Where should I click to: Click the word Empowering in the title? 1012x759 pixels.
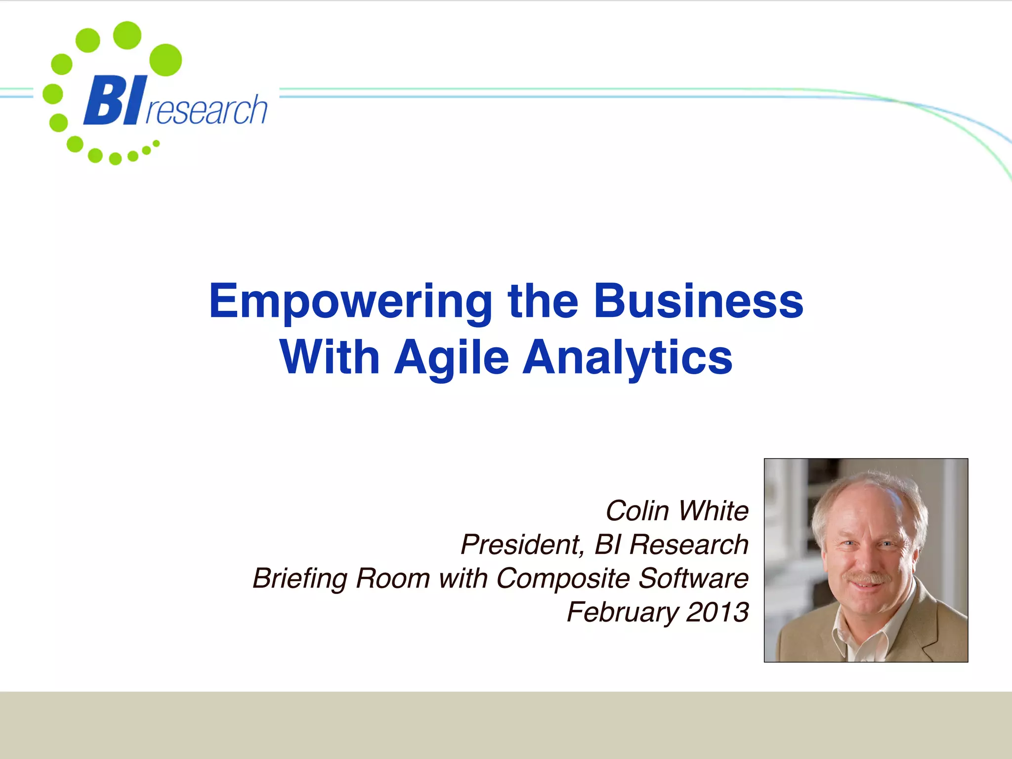tap(350, 302)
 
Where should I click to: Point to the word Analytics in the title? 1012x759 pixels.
tap(628, 358)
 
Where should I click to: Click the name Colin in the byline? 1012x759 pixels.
tap(637, 510)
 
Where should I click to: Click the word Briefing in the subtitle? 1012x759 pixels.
tap(299, 579)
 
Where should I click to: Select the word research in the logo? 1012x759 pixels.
tap(207, 110)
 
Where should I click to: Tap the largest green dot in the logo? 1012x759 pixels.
tap(166, 60)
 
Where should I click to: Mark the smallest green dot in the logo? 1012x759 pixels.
tap(156, 143)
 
